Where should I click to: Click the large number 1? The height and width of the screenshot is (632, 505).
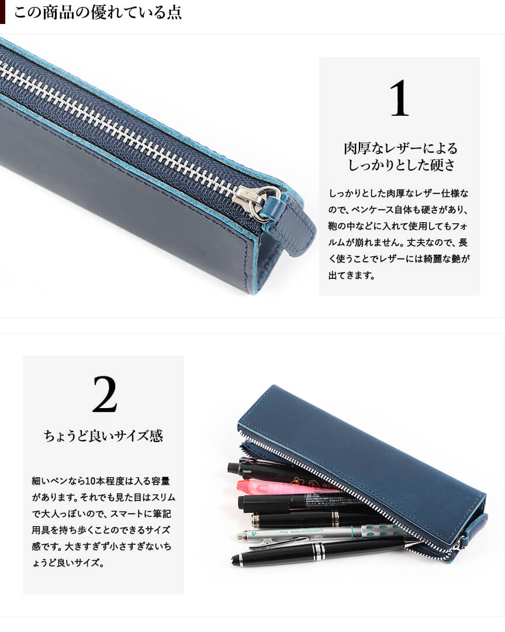[x=399, y=98]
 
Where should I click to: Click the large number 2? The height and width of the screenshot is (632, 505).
[x=105, y=394]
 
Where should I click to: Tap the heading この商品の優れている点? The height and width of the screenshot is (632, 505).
[x=98, y=12]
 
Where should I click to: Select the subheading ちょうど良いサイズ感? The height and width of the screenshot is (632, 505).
[x=103, y=436]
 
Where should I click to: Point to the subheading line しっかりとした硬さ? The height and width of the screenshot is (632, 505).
[x=402, y=165]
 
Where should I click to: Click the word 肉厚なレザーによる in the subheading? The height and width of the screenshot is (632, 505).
[x=401, y=148]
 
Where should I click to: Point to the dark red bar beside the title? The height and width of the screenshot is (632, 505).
[x=2, y=12]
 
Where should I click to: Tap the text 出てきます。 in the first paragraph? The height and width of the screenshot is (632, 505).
[x=351, y=276]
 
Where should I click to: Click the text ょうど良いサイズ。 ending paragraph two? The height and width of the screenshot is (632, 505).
[x=68, y=562]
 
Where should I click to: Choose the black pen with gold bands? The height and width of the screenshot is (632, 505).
[x=314, y=519]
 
